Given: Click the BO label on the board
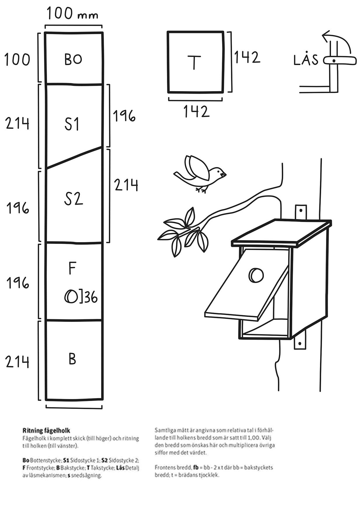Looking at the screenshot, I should pyautogui.click(x=73, y=59).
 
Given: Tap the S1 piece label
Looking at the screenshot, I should pyautogui.click(x=72, y=124).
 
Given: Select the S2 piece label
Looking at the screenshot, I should pyautogui.click(x=74, y=199).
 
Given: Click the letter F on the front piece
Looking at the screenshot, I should pyautogui.click(x=72, y=269).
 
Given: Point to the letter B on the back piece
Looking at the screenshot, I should pyautogui.click(x=72, y=359).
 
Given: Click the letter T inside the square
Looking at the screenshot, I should pyautogui.click(x=194, y=62).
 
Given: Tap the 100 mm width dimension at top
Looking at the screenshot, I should pyautogui.click(x=72, y=13).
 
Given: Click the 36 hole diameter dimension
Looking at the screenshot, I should pyautogui.click(x=90, y=298).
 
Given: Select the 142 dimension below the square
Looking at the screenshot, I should pyautogui.click(x=196, y=112).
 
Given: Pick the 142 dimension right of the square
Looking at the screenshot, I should pyautogui.click(x=247, y=57).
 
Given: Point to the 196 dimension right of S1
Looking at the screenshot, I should pyautogui.click(x=124, y=116).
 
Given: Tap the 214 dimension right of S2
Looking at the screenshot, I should pyautogui.click(x=126, y=185).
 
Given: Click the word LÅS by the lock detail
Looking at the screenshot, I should pyautogui.click(x=306, y=60).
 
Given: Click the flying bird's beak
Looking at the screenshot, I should pyautogui.click(x=224, y=174).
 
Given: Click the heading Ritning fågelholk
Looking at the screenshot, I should pyautogui.click(x=46, y=431).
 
